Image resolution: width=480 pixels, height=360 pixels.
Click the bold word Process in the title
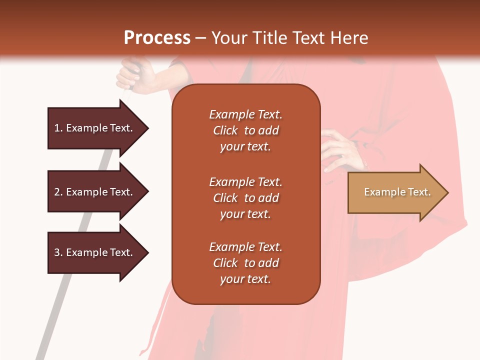coord(157,38)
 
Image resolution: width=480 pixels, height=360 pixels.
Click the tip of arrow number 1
coord(147,128)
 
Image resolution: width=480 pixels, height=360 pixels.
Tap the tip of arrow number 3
coord(147,252)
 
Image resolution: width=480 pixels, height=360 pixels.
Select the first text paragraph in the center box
coord(245,130)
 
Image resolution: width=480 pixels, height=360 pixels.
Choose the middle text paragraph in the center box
coord(245,198)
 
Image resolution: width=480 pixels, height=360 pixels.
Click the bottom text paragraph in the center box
coord(245,263)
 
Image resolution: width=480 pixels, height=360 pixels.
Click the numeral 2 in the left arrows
coord(57,192)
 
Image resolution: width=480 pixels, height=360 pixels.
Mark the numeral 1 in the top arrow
coord(57,128)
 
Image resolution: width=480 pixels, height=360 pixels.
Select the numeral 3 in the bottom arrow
coord(57,252)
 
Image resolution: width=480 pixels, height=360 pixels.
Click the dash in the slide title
coord(200,38)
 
